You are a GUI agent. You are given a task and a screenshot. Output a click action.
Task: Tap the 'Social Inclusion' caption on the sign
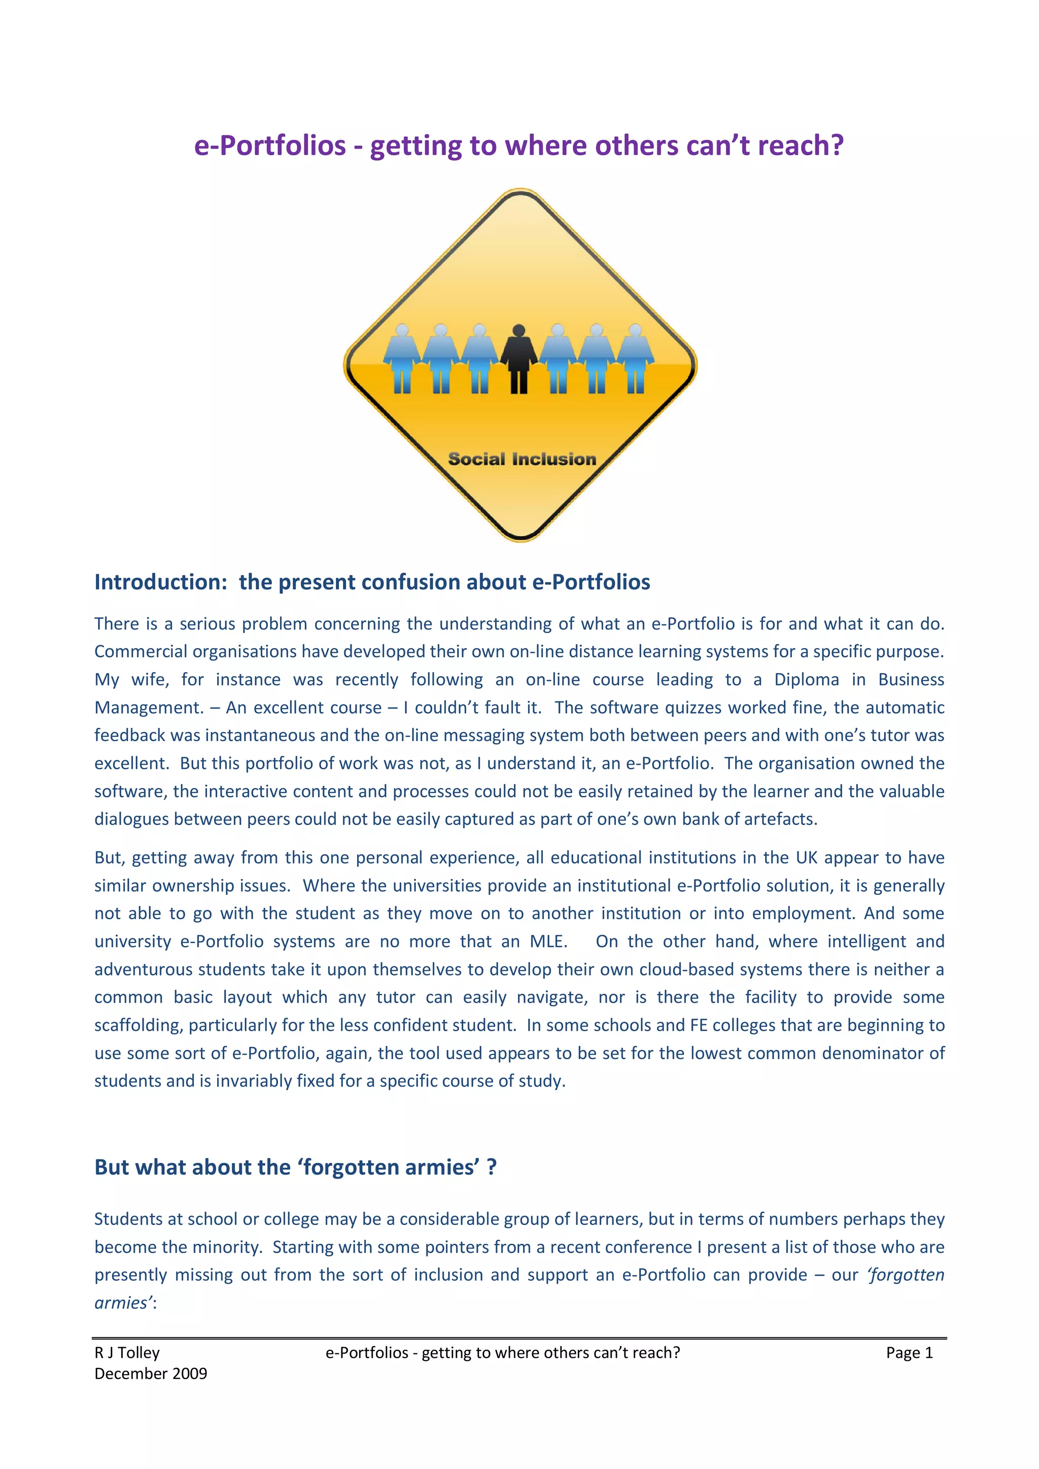pyautogui.click(x=522, y=459)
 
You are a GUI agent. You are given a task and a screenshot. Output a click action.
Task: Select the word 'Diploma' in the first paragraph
pyautogui.click(x=806, y=680)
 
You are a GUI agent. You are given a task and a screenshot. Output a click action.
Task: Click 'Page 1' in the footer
pyautogui.click(x=909, y=1352)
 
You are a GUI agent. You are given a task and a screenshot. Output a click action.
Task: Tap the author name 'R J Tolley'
pyautogui.click(x=127, y=1352)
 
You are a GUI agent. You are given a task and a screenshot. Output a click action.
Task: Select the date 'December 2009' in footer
pyautogui.click(x=151, y=1374)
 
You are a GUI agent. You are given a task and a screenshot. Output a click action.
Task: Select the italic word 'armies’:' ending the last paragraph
pyautogui.click(x=125, y=1303)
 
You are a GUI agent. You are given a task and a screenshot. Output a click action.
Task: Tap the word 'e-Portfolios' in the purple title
pyautogui.click(x=270, y=146)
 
